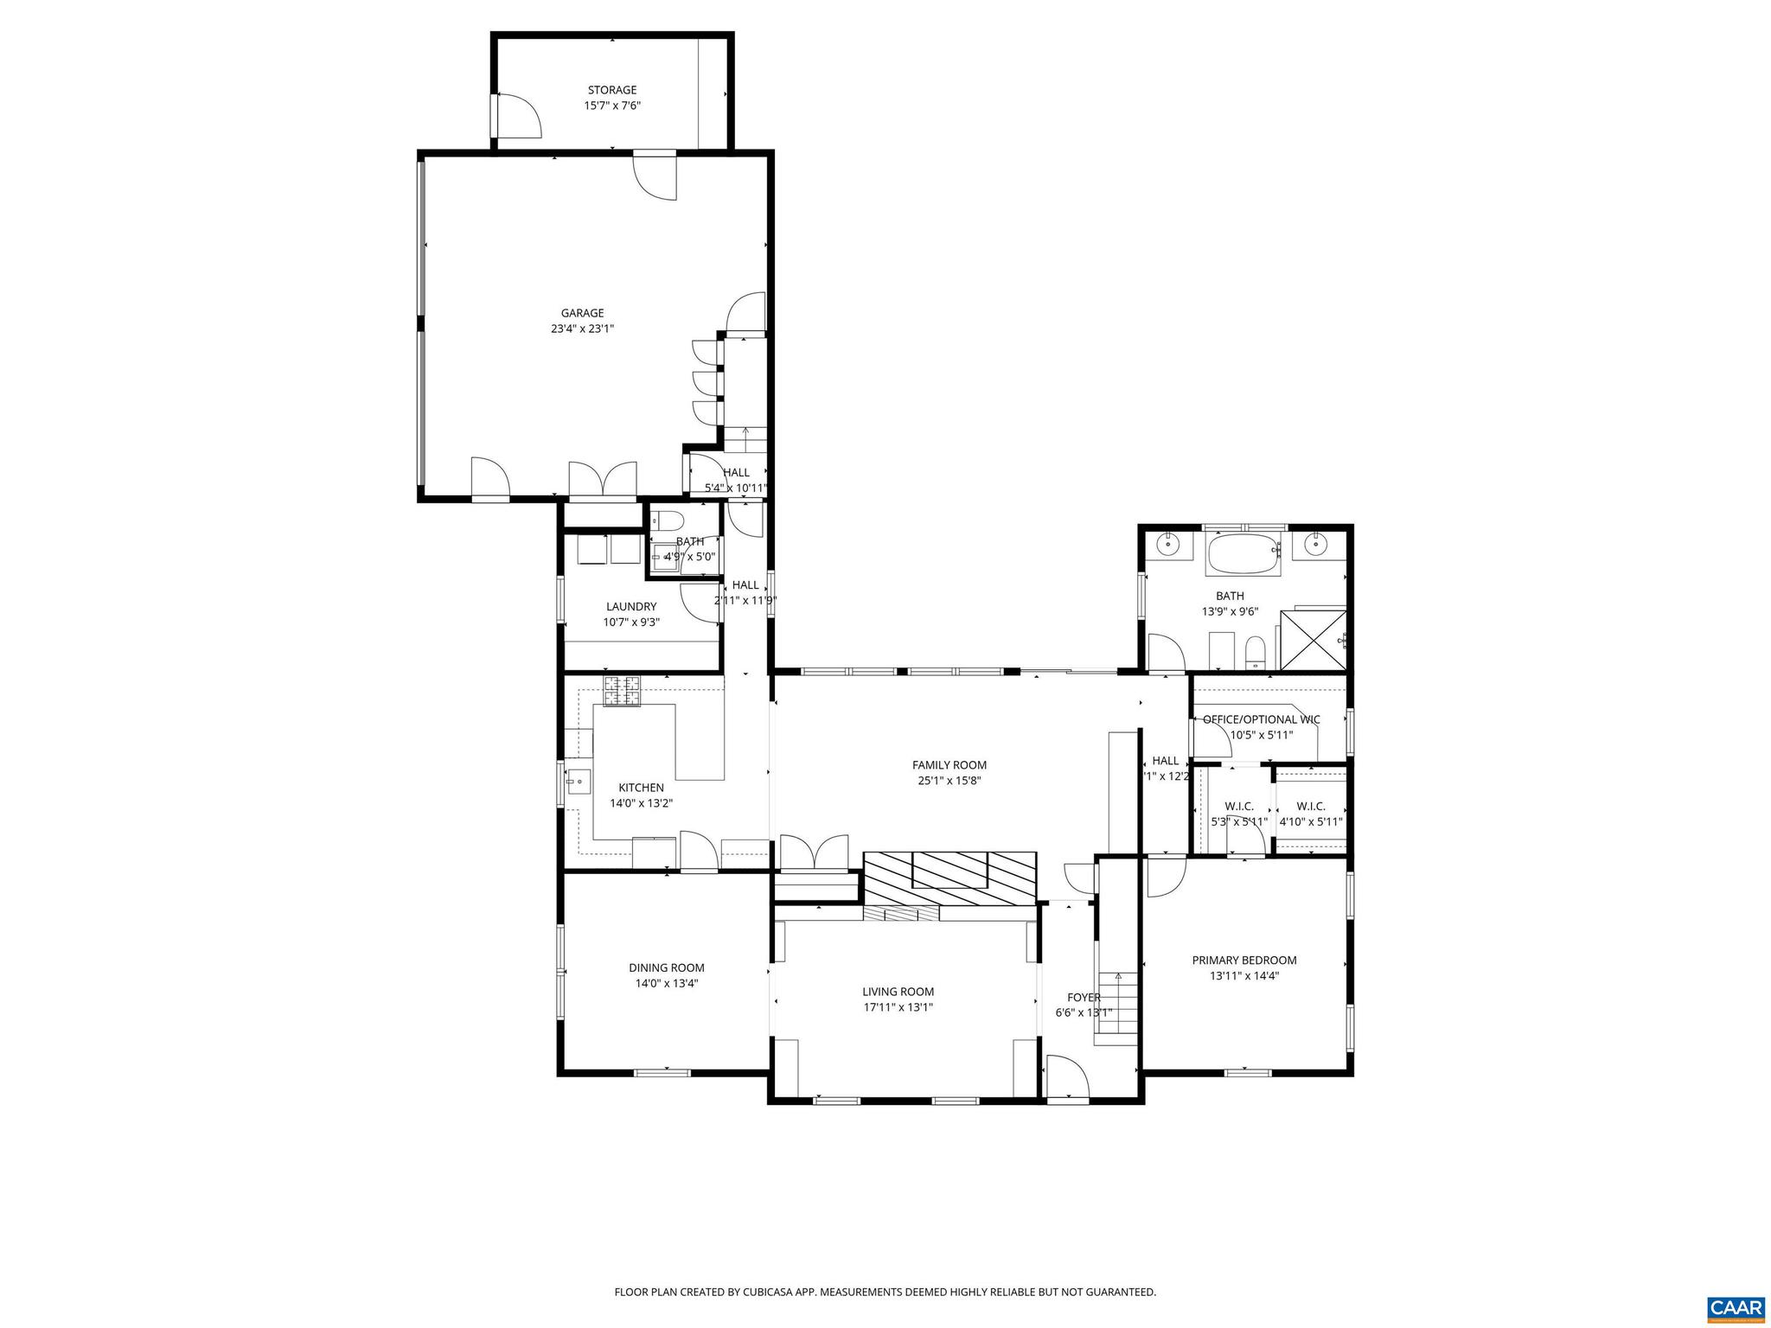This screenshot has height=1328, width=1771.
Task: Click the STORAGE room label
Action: tap(611, 90)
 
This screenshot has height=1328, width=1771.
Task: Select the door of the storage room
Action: tap(517, 116)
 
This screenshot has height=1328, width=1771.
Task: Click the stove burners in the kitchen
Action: tap(623, 692)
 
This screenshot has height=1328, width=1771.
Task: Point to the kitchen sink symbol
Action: tap(577, 782)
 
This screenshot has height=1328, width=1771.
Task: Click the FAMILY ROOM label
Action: tap(949, 765)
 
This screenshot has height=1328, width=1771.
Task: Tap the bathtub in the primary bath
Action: tap(1242, 554)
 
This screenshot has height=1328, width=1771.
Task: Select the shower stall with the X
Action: tap(1313, 640)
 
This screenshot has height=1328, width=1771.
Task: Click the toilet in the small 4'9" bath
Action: tap(667, 520)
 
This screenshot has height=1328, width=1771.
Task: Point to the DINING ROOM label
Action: tap(666, 968)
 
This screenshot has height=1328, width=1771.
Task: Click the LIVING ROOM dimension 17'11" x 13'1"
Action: tap(898, 1007)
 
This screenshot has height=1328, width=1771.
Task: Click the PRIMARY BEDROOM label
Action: tap(1244, 961)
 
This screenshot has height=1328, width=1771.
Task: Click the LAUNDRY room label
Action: tap(630, 607)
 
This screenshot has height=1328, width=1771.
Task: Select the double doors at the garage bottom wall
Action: tap(603, 479)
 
